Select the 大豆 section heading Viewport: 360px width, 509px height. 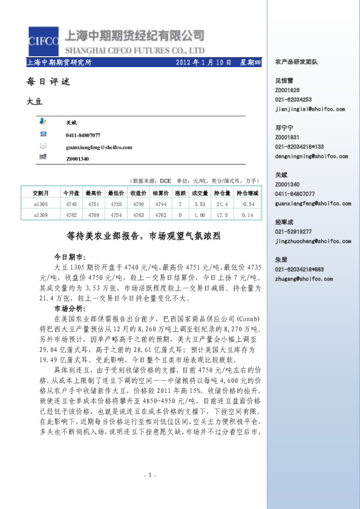[35, 102]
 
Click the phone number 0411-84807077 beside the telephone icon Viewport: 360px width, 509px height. [83, 135]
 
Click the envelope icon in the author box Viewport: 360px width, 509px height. [44, 146]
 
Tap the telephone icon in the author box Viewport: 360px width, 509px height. [44, 135]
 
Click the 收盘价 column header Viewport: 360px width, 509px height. [138, 193]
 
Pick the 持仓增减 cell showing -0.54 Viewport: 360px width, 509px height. [247, 204]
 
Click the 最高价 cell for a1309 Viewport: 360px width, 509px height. [93, 215]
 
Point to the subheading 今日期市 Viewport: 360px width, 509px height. [70, 256]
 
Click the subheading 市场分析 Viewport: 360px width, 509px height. [70, 308]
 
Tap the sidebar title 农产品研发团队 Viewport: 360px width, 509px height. [296, 62]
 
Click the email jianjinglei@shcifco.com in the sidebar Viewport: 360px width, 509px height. [310, 109]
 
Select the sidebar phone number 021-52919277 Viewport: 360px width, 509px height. [293, 232]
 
